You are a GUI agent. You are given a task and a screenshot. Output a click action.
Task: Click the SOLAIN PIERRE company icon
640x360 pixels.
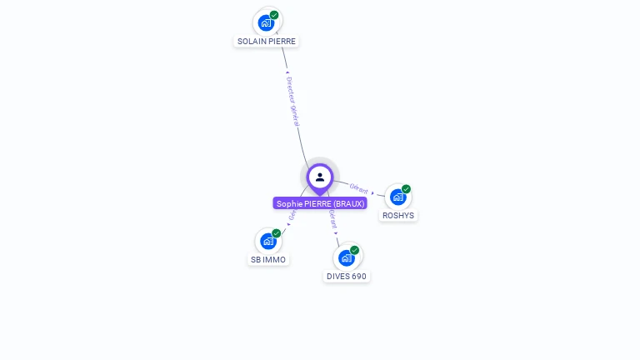[267, 22]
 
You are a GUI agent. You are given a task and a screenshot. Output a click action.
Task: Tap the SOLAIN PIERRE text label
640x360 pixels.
[267, 41]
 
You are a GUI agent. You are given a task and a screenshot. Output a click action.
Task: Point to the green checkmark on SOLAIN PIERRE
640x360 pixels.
[275, 14]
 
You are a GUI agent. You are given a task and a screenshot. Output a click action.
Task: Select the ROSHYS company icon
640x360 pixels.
[397, 197]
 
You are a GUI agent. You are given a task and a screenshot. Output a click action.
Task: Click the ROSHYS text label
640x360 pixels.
[398, 215]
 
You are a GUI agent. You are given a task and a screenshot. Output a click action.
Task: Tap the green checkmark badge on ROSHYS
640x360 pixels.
[406, 188]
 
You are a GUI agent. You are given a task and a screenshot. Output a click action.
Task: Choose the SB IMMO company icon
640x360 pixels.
[267, 241]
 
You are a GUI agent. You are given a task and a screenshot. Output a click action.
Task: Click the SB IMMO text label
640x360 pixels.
[268, 259]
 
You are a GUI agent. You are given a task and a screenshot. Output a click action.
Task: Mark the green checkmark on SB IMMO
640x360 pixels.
[277, 232]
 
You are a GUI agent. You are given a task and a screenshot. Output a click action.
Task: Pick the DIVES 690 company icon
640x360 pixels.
[346, 257]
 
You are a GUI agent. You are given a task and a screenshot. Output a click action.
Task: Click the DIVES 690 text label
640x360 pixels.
[347, 276]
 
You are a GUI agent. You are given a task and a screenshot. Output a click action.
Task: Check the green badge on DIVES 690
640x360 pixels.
[355, 250]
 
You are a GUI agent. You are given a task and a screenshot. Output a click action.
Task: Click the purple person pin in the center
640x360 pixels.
[320, 177]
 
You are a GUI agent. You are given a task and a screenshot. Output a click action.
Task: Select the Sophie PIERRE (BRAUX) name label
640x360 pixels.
[320, 203]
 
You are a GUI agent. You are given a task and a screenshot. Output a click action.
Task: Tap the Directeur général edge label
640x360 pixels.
[292, 101]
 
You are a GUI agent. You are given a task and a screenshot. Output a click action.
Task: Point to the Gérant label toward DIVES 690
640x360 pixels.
[333, 219]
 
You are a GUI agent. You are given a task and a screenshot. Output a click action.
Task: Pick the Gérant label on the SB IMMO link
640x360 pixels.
[292, 215]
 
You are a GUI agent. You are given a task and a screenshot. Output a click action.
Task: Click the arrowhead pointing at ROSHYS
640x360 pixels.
[373, 192]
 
